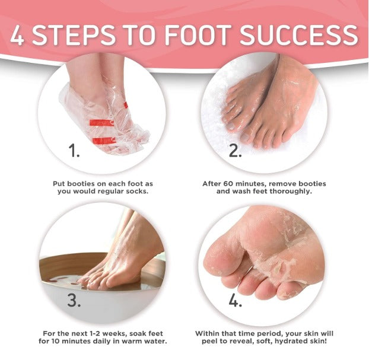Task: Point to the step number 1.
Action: click(74, 151)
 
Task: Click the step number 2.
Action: click(236, 151)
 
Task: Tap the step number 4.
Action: click(236, 300)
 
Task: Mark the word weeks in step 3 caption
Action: click(110, 333)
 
